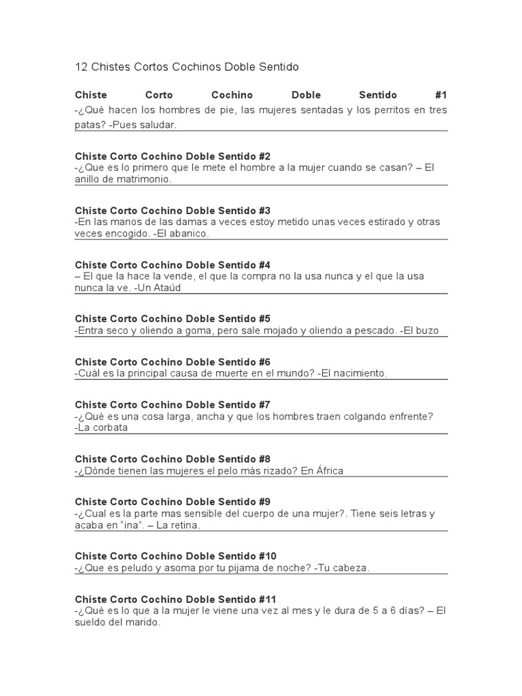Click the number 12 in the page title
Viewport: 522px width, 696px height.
(x=81, y=67)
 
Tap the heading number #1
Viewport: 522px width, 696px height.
(x=440, y=95)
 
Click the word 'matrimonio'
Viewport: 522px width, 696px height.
(x=143, y=179)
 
